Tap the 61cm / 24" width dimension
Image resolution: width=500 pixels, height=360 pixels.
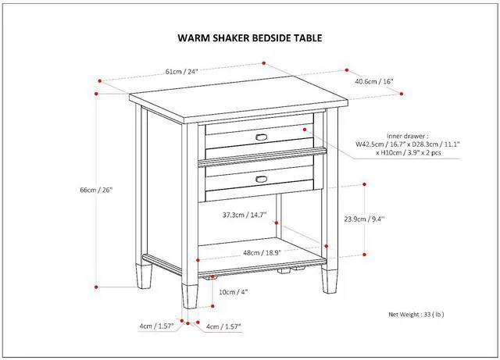tap(181, 71)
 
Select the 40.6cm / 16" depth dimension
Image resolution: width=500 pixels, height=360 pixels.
tap(374, 81)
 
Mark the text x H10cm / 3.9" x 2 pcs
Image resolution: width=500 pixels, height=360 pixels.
tap(409, 153)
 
